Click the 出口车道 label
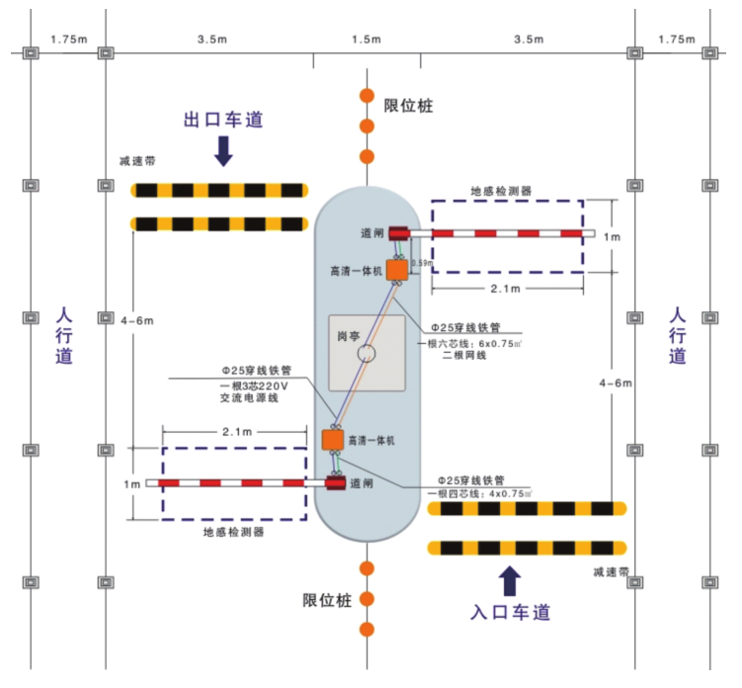pyautogui.click(x=224, y=120)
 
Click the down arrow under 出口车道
pyautogui.click(x=224, y=150)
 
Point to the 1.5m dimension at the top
pyautogui.click(x=366, y=40)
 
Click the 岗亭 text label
pyautogui.click(x=349, y=335)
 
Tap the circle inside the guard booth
pyautogui.click(x=367, y=352)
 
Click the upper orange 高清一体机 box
pyautogui.click(x=397, y=270)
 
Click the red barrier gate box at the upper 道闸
pyautogui.click(x=399, y=234)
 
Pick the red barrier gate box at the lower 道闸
pyautogui.click(x=336, y=483)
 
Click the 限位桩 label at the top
pyautogui.click(x=408, y=106)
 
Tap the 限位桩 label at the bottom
pyautogui.click(x=327, y=600)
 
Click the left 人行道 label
pyautogui.click(x=64, y=336)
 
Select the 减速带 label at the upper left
pyautogui.click(x=137, y=161)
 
